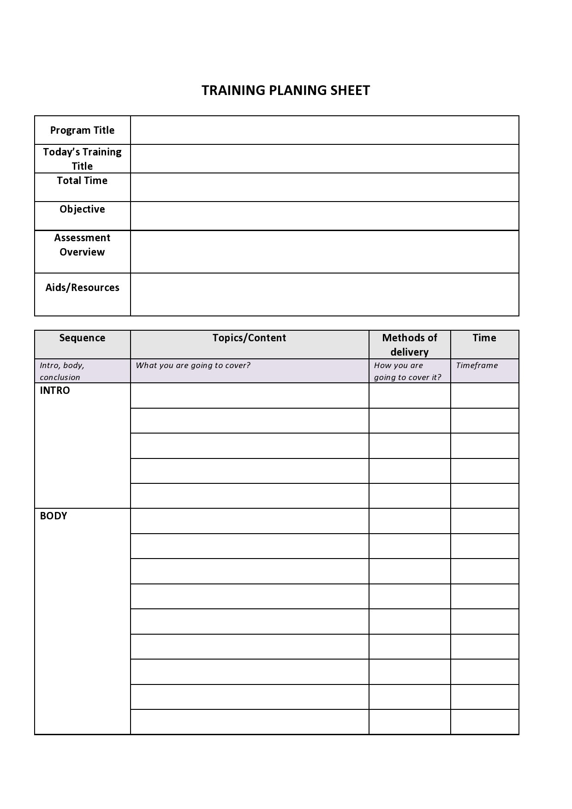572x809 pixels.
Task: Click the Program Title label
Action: (82, 131)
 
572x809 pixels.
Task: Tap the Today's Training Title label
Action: (82, 159)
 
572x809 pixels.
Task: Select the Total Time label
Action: (82, 181)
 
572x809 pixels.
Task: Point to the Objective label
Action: (82, 209)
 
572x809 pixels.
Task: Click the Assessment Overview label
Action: (82, 245)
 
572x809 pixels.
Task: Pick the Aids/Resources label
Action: (82, 288)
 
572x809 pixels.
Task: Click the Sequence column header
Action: (82, 338)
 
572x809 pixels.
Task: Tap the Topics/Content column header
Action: (249, 338)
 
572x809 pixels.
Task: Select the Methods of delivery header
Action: (410, 345)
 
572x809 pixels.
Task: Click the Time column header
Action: (484, 338)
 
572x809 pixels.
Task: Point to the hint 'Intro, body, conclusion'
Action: (62, 371)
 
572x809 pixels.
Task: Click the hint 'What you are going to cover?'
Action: (193, 365)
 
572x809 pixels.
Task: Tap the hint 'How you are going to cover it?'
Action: (407, 371)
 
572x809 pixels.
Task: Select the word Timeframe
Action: (477, 365)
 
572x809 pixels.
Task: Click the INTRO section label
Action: (55, 391)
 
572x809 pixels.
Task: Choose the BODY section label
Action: (54, 516)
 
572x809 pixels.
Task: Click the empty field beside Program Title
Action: (324, 130)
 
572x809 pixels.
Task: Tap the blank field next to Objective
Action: (324, 216)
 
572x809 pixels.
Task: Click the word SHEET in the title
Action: (350, 90)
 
